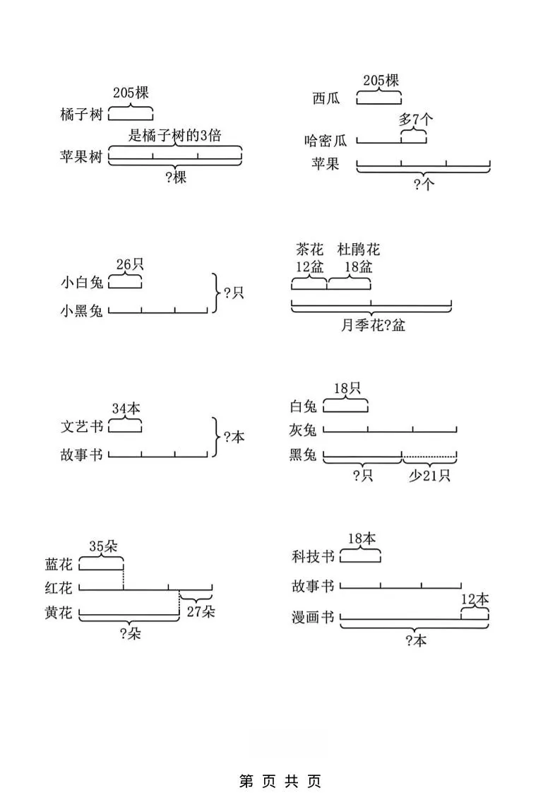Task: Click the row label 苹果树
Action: pyautogui.click(x=81, y=157)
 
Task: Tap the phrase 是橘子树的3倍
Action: pyautogui.click(x=174, y=136)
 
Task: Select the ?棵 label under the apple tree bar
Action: pyautogui.click(x=175, y=177)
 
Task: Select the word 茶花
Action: pyautogui.click(x=309, y=249)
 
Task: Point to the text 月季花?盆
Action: pyautogui.click(x=372, y=326)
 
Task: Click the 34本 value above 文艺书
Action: pyautogui.click(x=126, y=409)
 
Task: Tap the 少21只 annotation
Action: pyautogui.click(x=429, y=476)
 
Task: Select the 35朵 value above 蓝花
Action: pyautogui.click(x=103, y=546)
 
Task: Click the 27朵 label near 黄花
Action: pyautogui.click(x=200, y=612)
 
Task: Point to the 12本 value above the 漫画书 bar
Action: pyautogui.click(x=475, y=599)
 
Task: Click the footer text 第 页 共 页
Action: pyautogui.click(x=280, y=781)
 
